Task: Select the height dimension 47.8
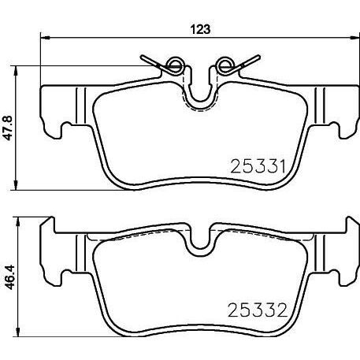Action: pos(10,126)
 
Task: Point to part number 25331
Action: pos(256,165)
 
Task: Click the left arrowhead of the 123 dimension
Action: pos(43,37)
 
